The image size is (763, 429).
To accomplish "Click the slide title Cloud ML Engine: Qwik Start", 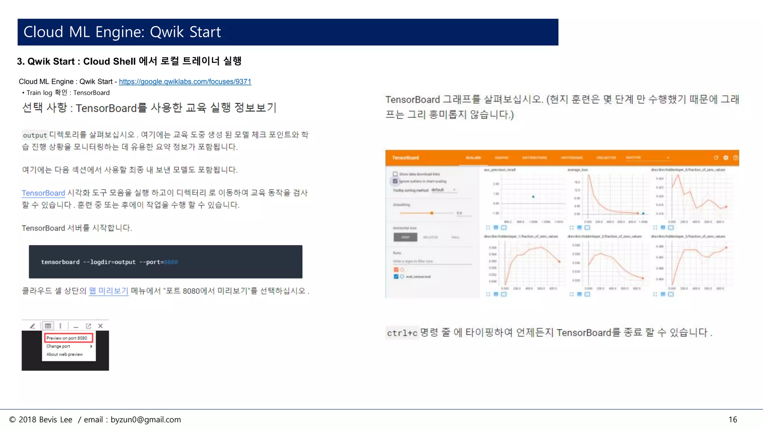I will coord(122,32).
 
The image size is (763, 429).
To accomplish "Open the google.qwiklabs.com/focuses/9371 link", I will coord(185,82).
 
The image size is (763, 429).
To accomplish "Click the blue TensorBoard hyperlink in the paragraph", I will coord(43,193).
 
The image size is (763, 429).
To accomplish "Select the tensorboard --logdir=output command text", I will coord(88,262).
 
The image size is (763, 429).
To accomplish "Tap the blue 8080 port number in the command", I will coord(171,262).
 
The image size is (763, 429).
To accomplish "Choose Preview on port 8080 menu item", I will coord(67,338).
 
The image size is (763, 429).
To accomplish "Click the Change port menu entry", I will coord(58,346).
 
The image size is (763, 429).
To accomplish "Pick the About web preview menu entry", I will coord(64,355).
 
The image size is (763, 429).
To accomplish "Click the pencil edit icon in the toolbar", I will coord(32,326).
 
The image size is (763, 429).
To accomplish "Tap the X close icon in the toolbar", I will coord(100,326).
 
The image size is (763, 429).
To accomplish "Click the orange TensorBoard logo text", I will coord(405,158).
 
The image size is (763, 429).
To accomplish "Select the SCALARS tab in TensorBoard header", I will coord(473,158).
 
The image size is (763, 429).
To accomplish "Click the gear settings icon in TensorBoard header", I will coord(726,158).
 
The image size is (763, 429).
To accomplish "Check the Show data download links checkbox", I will coord(395,174).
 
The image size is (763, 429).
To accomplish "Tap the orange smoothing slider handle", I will coord(432,213).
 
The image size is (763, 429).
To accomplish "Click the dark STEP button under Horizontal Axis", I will coord(405,237).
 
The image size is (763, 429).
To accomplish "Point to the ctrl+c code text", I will coord(402,333).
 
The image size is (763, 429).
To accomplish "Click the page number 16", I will coord(732,420).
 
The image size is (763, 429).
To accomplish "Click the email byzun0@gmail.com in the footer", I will coord(146,420).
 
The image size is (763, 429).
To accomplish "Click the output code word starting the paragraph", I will coord(35,135).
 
